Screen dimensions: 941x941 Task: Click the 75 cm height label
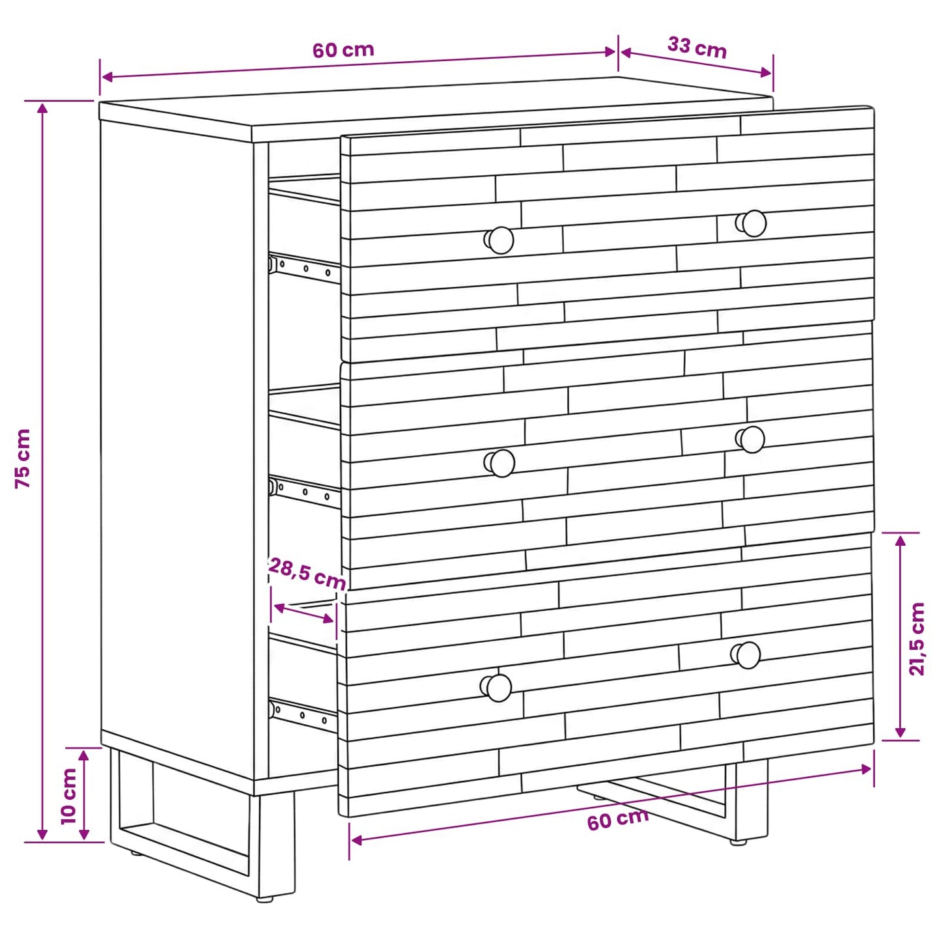(23, 458)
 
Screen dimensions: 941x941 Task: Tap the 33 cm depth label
(697, 48)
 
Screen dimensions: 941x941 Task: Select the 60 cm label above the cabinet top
(343, 49)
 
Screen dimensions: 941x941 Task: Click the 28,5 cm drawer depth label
(307, 574)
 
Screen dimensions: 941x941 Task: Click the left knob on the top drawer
(499, 240)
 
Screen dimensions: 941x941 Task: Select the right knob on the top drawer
(751, 223)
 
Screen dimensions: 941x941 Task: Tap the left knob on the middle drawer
(499, 462)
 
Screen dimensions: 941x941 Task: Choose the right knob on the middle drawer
(750, 440)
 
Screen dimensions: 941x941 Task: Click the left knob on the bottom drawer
(496, 688)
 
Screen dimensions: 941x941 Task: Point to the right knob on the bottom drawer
(746, 655)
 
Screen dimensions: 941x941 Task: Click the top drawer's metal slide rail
(303, 268)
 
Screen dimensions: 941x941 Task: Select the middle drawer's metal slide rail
(303, 492)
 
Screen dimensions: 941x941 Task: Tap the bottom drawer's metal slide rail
(303, 716)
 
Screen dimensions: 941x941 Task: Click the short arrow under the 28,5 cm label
(303, 613)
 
